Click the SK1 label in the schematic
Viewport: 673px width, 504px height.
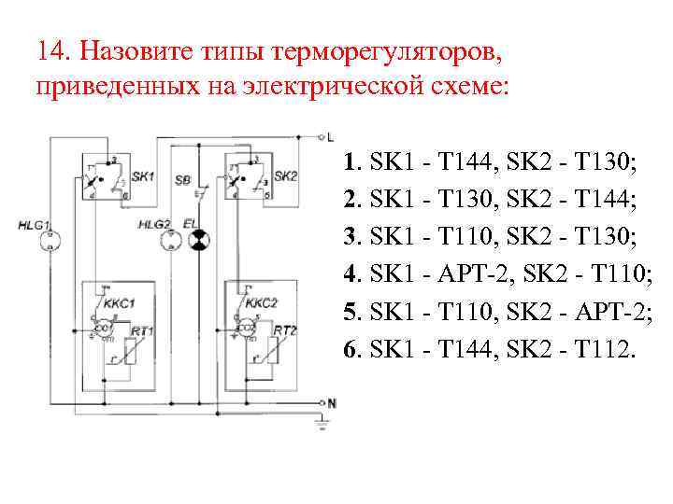click(x=143, y=175)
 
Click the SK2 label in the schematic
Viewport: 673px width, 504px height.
click(x=286, y=175)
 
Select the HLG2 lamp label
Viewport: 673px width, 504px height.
click(x=154, y=225)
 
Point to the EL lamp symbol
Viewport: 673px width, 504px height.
click(x=197, y=242)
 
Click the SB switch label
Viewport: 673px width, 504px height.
click(x=183, y=177)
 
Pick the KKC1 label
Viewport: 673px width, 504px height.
click(x=120, y=302)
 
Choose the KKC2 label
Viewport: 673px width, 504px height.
click(x=262, y=302)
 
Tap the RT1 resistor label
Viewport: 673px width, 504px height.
click(x=142, y=330)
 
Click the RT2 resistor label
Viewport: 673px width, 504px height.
click(x=284, y=330)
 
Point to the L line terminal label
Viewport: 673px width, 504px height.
click(x=330, y=136)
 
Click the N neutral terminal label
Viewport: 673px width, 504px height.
click(x=330, y=402)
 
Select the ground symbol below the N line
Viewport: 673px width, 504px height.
click(x=322, y=425)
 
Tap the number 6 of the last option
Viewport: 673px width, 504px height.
click(x=350, y=350)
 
